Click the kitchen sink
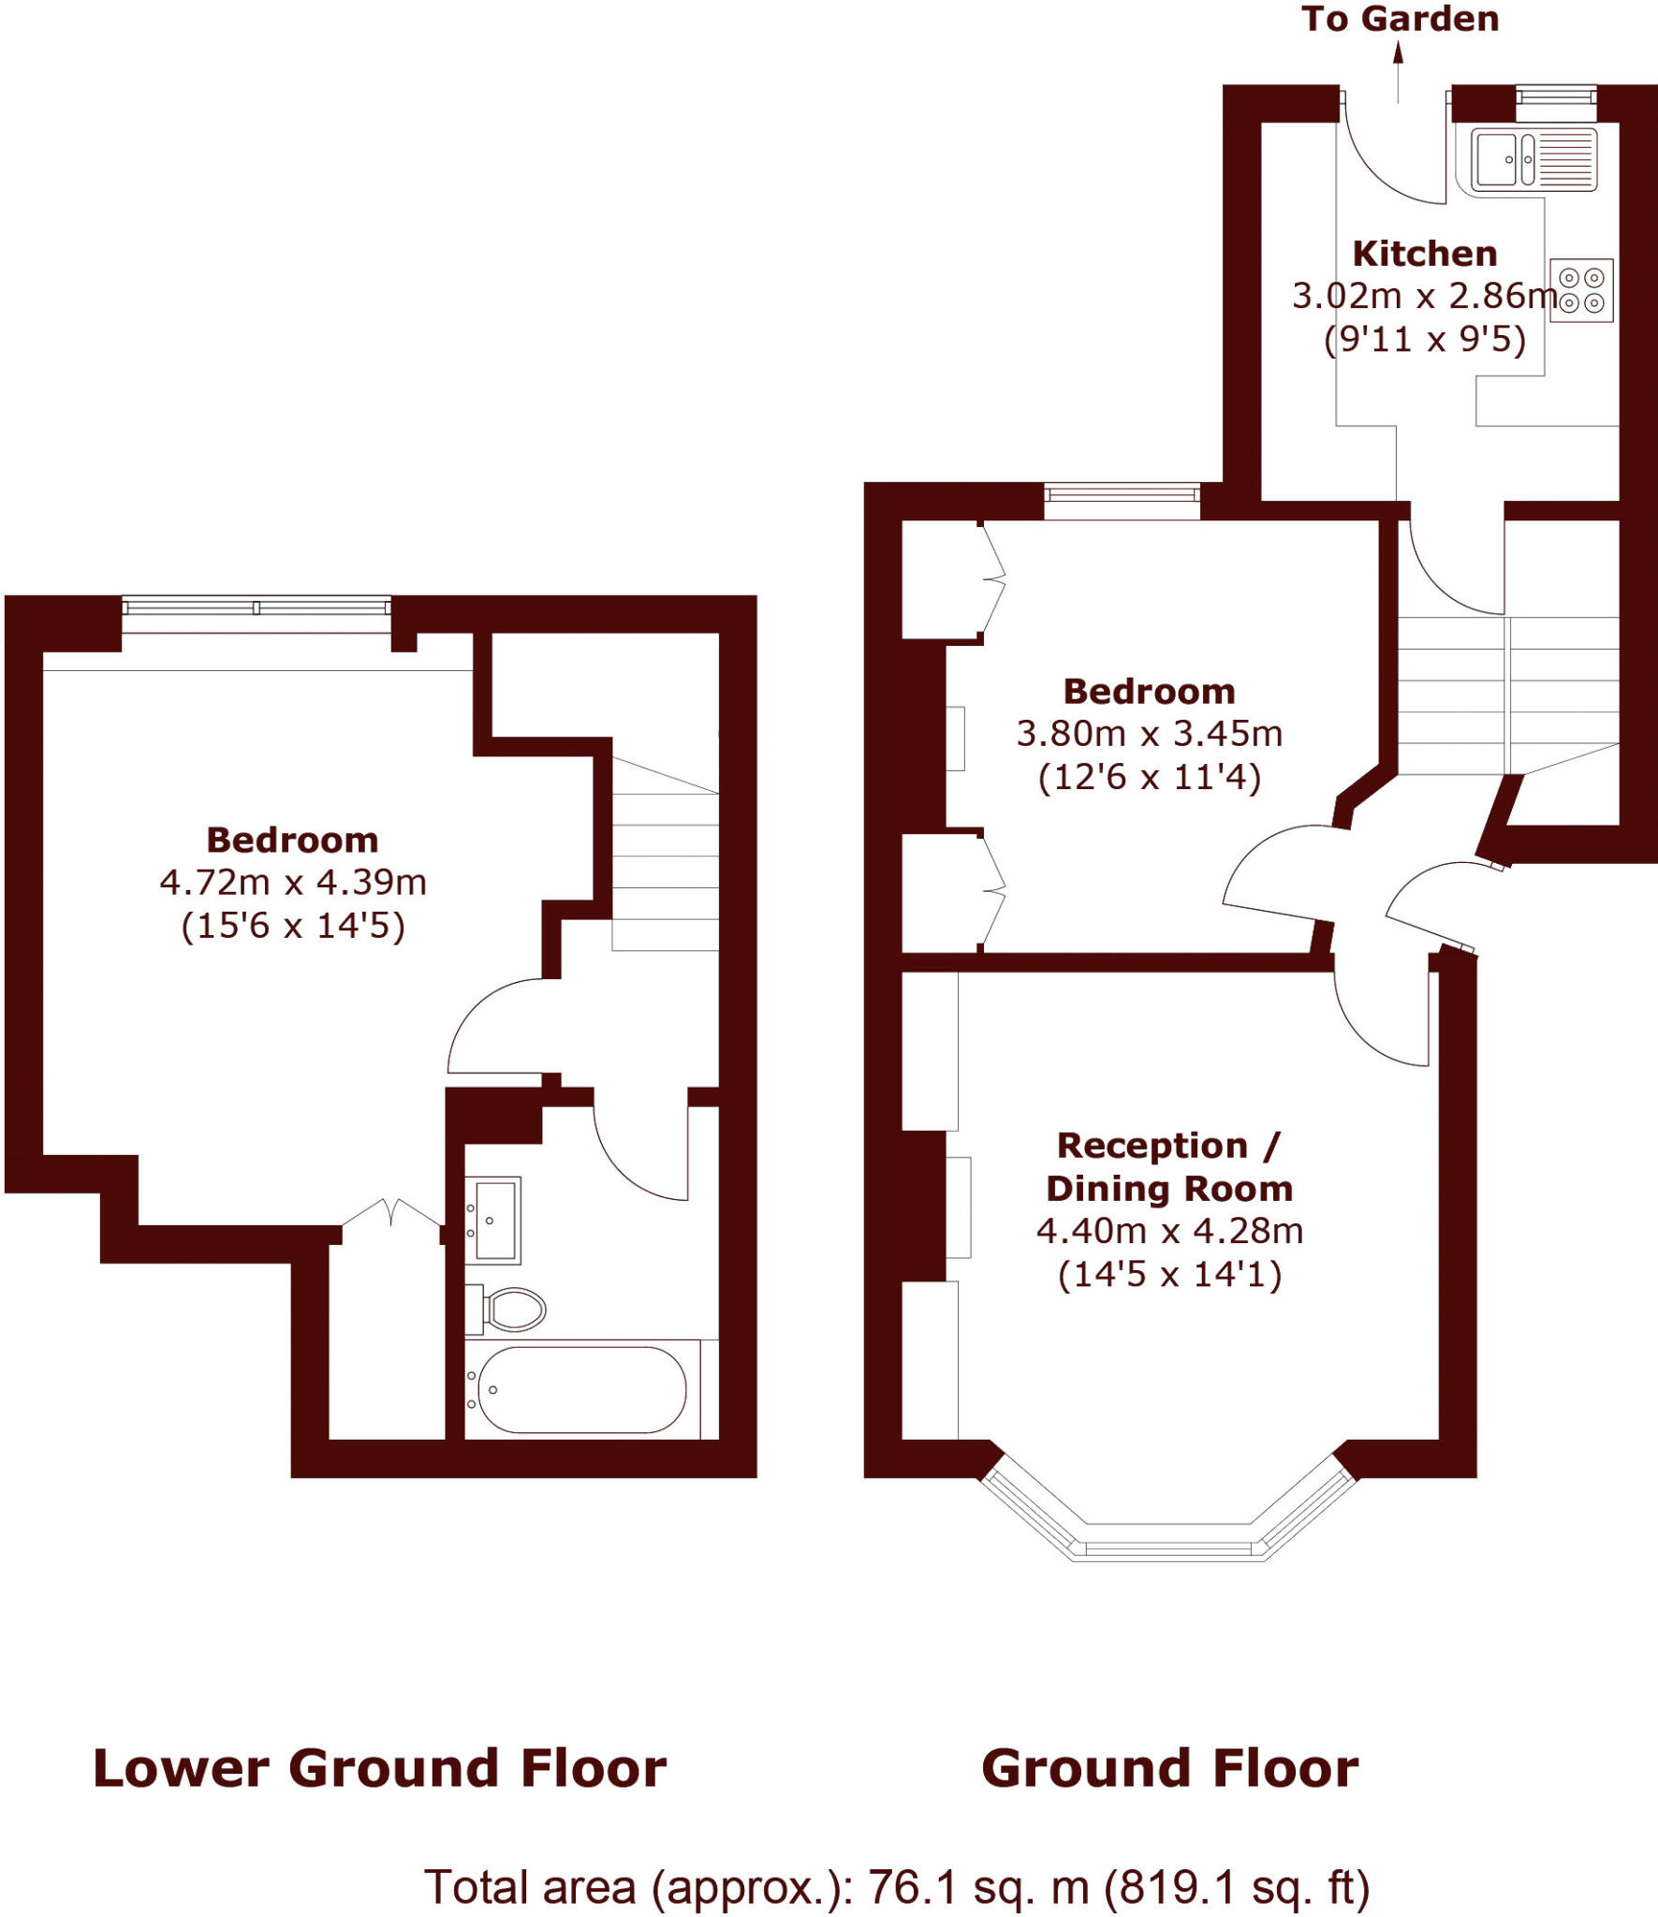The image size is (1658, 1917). click(1533, 159)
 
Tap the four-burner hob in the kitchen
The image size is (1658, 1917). click(1581, 290)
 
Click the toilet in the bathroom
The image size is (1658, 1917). click(509, 1309)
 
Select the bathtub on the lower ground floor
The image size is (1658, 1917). click(581, 1390)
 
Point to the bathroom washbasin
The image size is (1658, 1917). click(492, 1220)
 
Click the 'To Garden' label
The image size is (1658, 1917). click(1400, 19)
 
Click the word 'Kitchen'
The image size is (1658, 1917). click(1424, 254)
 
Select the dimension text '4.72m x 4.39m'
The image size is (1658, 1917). click(293, 882)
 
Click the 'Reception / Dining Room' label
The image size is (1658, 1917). click(1169, 1166)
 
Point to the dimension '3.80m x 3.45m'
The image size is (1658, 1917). click(1150, 733)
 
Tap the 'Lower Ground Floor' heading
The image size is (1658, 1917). click(380, 1768)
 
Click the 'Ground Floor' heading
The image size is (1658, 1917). click(1169, 1768)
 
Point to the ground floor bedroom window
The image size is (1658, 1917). click(1122, 495)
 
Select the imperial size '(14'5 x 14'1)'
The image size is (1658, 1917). click(1169, 1275)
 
